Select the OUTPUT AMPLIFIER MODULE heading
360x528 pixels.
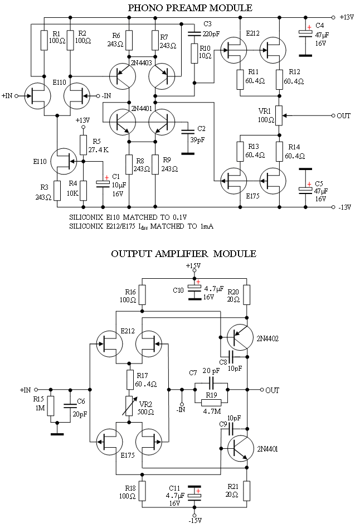click(x=183, y=254)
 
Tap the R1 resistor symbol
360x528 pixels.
click(x=43, y=41)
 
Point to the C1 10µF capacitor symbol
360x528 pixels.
click(x=103, y=182)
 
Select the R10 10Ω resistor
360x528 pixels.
click(x=194, y=54)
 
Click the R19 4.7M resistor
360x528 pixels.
click(x=211, y=403)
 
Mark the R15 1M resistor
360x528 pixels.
click(x=51, y=406)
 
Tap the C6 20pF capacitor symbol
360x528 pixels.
click(x=70, y=406)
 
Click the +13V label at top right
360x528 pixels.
click(x=347, y=17)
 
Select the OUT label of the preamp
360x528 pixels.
click(x=344, y=116)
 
